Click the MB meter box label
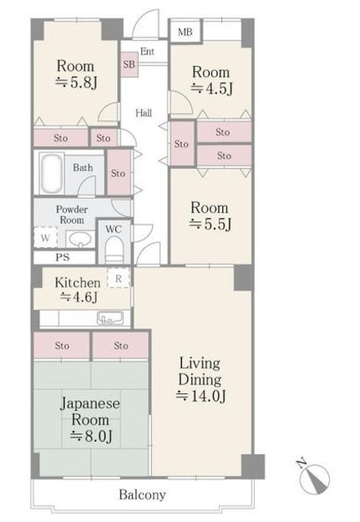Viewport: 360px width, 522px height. click(x=185, y=32)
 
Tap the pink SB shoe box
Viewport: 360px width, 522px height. click(x=129, y=64)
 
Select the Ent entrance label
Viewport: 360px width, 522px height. click(x=147, y=51)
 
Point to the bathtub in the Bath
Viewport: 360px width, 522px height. click(x=51, y=173)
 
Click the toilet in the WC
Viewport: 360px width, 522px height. click(x=114, y=249)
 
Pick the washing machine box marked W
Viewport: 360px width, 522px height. click(x=46, y=237)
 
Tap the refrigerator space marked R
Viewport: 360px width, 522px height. click(x=118, y=278)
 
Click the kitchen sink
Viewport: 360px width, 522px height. click(x=110, y=318)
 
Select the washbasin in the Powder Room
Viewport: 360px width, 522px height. click(x=80, y=239)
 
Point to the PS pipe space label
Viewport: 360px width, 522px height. click(x=63, y=257)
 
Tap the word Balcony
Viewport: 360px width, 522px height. click(x=142, y=495)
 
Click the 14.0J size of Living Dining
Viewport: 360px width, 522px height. click(x=201, y=396)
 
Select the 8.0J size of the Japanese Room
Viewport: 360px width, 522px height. click(x=91, y=436)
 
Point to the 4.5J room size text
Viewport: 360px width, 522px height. click(x=211, y=89)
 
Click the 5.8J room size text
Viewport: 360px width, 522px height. click(x=76, y=82)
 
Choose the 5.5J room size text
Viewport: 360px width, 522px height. click(x=210, y=224)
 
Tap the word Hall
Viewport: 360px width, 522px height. click(x=144, y=113)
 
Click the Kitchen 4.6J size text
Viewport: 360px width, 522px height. click(x=78, y=297)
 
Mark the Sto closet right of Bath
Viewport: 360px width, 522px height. click(x=118, y=172)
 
